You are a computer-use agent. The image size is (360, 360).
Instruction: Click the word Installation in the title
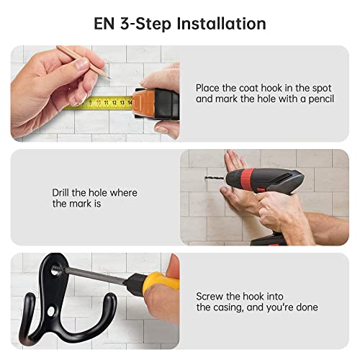(221, 24)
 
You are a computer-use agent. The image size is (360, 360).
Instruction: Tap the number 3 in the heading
(125, 24)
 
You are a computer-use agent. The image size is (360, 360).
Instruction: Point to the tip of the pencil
(109, 78)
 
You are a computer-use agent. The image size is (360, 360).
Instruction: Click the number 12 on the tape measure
(114, 103)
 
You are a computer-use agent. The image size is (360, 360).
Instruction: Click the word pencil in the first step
(321, 99)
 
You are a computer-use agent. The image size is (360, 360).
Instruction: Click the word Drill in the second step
(61, 192)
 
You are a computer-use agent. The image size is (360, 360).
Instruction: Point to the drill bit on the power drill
(215, 179)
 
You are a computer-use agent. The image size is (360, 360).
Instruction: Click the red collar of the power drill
(247, 179)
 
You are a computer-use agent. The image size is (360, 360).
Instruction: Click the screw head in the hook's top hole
(55, 272)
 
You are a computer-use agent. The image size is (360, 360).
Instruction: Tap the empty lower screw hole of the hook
(51, 311)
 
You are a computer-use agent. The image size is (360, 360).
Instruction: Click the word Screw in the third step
(210, 297)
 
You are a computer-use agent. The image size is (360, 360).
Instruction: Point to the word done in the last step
(307, 307)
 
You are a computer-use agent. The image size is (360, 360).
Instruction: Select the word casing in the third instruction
(229, 308)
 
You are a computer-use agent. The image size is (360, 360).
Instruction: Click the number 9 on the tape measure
(91, 102)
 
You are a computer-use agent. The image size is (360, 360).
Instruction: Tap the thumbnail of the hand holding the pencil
(82, 64)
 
